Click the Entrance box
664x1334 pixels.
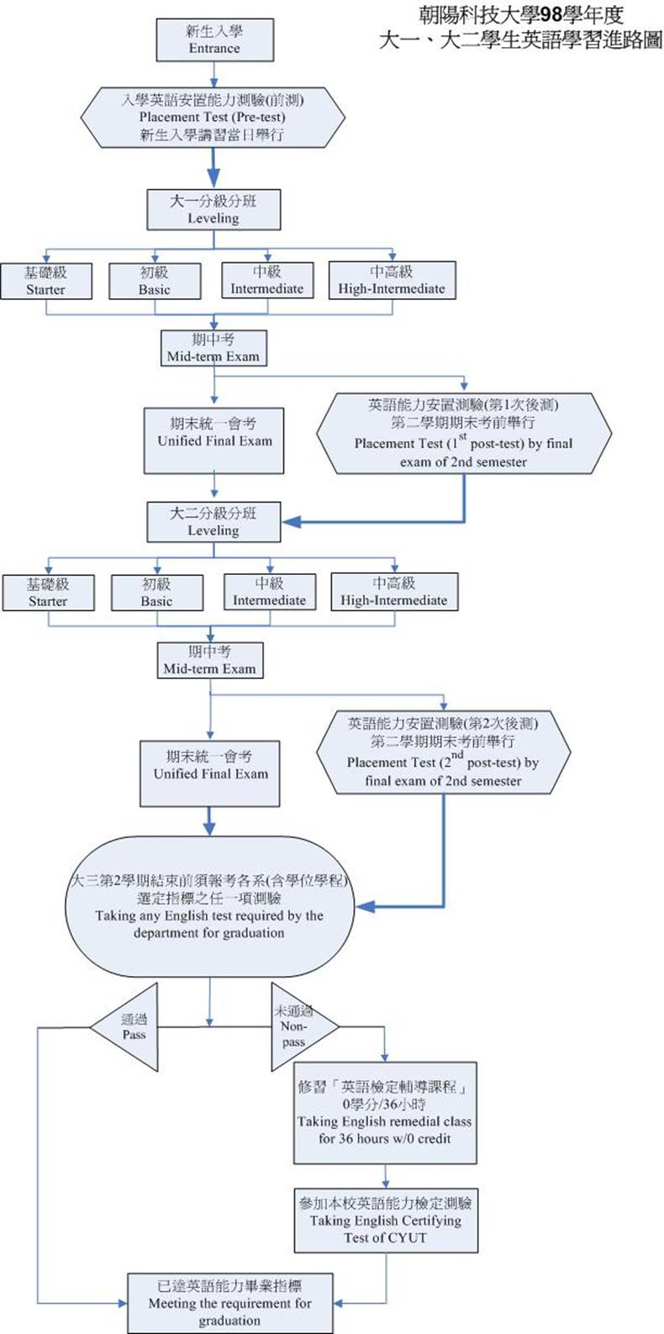215,40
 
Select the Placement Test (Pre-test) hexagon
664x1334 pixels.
213,118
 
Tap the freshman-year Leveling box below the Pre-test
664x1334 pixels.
213,209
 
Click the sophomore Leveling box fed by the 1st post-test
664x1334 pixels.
213,522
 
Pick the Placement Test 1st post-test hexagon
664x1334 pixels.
463,434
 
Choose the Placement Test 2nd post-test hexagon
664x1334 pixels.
443,752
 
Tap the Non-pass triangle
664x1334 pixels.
303,1026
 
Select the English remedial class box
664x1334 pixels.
385,1113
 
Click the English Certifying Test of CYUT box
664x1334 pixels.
386,1221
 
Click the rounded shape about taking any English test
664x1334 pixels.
209,906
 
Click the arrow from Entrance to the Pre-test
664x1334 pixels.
213,75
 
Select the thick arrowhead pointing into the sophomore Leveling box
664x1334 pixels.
292,522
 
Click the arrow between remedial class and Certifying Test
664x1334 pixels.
385,1176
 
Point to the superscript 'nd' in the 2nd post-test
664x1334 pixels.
456,755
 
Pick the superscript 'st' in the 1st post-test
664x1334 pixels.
463,436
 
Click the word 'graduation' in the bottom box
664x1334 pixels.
229,1321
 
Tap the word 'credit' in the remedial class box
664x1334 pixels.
432,1139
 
